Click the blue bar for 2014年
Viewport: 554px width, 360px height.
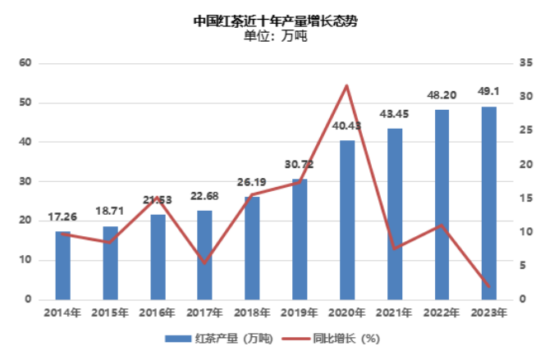click(x=62, y=266)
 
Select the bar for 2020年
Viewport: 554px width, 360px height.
click(x=347, y=220)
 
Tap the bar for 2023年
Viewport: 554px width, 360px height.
click(x=489, y=203)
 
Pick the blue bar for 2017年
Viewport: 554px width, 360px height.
click(x=204, y=255)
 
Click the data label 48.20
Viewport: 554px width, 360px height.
click(x=442, y=95)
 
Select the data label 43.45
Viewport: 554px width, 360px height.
click(x=394, y=113)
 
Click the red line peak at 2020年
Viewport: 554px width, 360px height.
click(x=346, y=85)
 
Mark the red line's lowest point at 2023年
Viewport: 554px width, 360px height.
click(x=489, y=287)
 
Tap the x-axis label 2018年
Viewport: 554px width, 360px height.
click(x=252, y=312)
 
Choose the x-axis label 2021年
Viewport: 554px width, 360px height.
click(x=395, y=312)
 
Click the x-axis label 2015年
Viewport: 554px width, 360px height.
click(x=110, y=312)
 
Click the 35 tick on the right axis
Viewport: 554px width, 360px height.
click(x=527, y=63)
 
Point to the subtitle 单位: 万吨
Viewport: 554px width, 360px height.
click(x=276, y=36)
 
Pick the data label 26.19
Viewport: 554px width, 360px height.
click(x=252, y=183)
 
